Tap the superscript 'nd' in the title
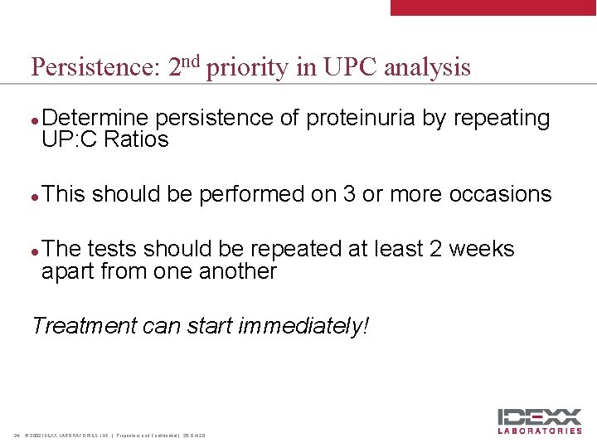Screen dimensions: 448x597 [192, 61]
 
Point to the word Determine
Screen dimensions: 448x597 [96, 119]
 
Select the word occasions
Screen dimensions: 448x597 [500, 194]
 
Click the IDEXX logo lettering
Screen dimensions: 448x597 [539, 417]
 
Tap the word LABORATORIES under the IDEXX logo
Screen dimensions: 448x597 [539, 431]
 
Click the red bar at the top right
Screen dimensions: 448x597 [493, 7]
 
